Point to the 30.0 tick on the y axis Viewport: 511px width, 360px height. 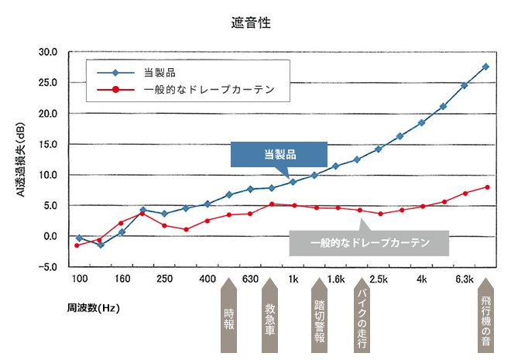(x=48, y=53)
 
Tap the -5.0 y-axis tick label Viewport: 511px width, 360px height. (x=48, y=267)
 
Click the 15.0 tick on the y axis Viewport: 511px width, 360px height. (x=48, y=145)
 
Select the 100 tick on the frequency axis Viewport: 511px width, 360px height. (x=79, y=279)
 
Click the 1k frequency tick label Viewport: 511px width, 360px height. (x=293, y=279)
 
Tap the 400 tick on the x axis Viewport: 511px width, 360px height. (x=207, y=279)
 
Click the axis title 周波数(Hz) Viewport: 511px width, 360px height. (x=93, y=308)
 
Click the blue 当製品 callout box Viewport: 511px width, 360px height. (x=280, y=155)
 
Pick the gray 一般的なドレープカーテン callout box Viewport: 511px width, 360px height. (x=369, y=243)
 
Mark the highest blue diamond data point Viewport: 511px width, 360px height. (x=485, y=67)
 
